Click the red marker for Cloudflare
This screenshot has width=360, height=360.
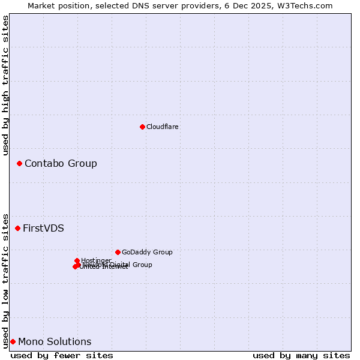point(142,127)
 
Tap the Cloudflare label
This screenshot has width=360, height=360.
point(163,127)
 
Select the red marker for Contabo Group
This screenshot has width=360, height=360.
point(19,163)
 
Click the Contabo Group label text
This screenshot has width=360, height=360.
point(61,164)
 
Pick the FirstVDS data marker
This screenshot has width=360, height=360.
point(17,228)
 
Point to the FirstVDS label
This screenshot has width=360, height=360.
point(43,229)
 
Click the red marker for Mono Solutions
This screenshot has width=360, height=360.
point(13,341)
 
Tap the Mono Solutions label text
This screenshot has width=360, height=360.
point(55,342)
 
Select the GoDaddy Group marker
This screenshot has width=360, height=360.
point(118,252)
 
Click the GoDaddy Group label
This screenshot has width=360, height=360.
point(147,253)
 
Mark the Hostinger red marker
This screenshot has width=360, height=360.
point(77,260)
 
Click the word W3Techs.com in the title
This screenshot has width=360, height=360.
point(305,5)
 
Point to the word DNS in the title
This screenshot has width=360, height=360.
point(151,5)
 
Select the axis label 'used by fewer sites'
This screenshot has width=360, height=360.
point(62,355)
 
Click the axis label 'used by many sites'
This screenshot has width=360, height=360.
point(301,355)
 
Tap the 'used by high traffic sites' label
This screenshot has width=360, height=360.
point(5,85)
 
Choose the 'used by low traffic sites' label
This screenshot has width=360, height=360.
point(5,280)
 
